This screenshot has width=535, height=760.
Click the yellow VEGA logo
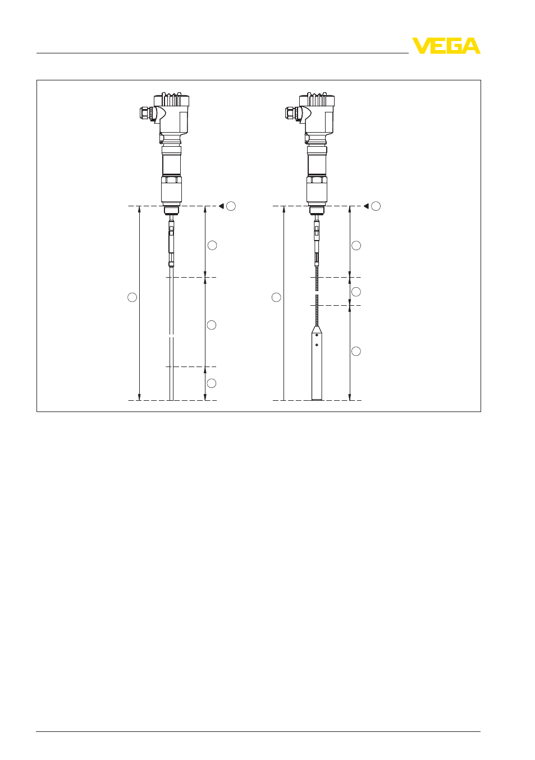[446, 46]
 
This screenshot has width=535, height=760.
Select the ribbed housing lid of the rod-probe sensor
[171, 99]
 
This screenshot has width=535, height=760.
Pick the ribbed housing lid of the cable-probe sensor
[317, 99]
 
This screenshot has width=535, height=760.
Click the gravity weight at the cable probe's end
[317, 363]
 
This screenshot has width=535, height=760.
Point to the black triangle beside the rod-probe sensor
[221, 206]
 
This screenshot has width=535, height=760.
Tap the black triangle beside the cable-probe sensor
[366, 206]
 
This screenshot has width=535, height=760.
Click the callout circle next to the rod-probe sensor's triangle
[231, 206]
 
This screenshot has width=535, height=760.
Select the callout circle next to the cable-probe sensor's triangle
[376, 206]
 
